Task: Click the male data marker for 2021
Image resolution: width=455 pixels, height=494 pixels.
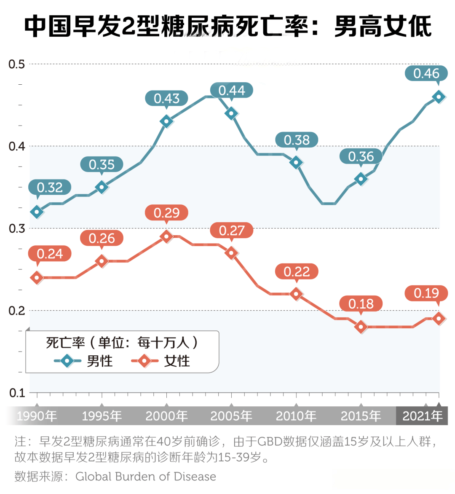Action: coord(439,97)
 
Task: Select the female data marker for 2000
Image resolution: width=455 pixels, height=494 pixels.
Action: coord(166,236)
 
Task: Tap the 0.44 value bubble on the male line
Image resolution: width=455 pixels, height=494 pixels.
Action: coord(232,90)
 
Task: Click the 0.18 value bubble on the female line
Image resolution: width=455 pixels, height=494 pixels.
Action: coord(361,304)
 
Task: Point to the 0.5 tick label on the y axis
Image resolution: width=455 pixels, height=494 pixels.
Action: coord(17,64)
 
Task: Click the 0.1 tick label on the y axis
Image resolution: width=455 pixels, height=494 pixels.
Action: coord(17,393)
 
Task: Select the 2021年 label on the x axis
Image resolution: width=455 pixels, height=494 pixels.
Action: coord(423,416)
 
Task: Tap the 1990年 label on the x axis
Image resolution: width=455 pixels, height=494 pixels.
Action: coord(37,416)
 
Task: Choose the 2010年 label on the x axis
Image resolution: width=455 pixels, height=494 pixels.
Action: coord(296,416)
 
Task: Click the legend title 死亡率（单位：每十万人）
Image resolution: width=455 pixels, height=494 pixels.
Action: coord(122,343)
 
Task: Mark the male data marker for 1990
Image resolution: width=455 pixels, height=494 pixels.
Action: coord(37,212)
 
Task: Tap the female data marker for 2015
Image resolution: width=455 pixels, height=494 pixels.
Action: coord(361,327)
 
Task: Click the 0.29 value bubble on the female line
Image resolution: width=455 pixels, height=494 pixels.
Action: coord(166,213)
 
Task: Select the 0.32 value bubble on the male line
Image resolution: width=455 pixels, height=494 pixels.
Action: coord(50,187)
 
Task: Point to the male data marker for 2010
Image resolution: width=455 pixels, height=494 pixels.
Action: coord(296,162)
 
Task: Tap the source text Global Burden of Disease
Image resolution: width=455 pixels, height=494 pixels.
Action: coord(146,477)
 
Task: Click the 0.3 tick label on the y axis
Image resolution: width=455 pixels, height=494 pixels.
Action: coord(17,228)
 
